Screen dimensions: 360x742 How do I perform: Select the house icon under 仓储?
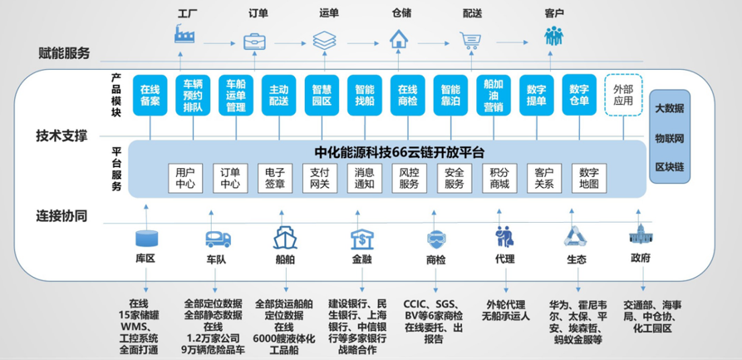coord(400,38)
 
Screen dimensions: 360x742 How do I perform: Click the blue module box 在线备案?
coord(150,96)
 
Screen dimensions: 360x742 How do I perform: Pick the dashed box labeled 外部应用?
coord(623,95)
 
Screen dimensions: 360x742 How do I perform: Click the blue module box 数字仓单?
coord(579,96)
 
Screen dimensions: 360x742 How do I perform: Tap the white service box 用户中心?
coord(184,177)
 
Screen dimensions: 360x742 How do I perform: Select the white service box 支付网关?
coord(319,177)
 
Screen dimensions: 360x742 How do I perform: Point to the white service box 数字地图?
coord(589,177)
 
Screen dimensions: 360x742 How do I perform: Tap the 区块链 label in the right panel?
coord(669,167)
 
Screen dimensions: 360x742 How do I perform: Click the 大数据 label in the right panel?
coord(669,108)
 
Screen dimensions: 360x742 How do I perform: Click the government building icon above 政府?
coord(640,236)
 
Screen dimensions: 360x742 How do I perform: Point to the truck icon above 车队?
coord(218,239)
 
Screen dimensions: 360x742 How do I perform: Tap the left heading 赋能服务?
coord(64,53)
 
